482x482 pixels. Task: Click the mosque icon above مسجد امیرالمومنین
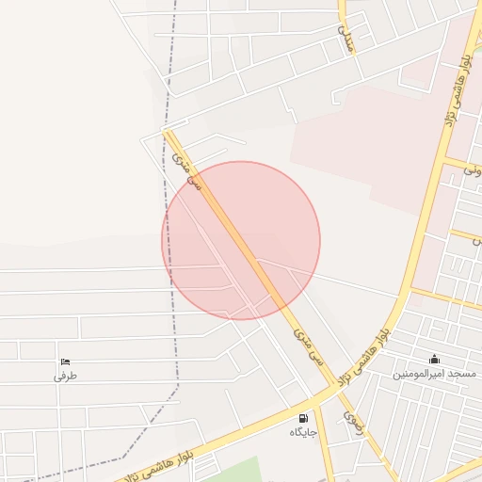pos(434,359)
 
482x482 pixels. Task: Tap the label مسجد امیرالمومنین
pos(434,374)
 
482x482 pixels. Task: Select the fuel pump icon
pos(302,418)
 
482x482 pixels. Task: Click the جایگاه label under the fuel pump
pos(302,432)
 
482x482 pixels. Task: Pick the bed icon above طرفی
pos(64,362)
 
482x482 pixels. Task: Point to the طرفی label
pos(64,376)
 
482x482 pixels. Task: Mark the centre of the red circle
pos(241,240)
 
